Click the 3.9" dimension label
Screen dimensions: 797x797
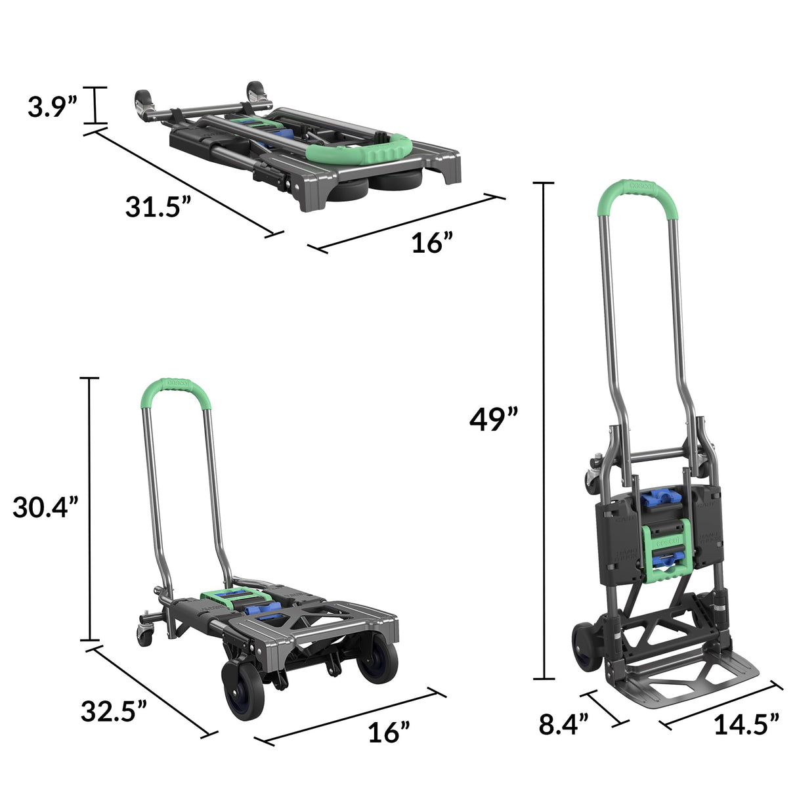pos(53,106)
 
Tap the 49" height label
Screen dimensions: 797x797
pos(494,419)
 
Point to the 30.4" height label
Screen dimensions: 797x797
pos(45,507)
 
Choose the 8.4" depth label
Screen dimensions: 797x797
pos(563,723)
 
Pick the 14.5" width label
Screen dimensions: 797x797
pos(746,723)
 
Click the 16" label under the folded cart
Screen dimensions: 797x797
pos(432,244)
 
